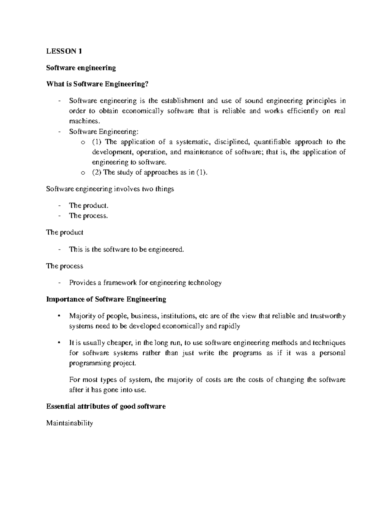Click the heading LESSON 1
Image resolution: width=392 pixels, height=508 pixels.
[64, 51]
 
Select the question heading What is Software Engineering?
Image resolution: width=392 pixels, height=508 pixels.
[97, 84]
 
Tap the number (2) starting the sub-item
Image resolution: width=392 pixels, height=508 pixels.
[97, 172]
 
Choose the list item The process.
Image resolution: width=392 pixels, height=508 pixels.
[88, 216]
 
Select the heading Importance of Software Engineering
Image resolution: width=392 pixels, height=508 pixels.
[106, 299]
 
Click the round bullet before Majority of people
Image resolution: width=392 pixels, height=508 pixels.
[59, 316]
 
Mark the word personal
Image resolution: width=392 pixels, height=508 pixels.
[333, 353]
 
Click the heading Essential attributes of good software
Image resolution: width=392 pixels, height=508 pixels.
[106, 406]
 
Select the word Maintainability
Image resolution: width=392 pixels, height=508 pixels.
[70, 423]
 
